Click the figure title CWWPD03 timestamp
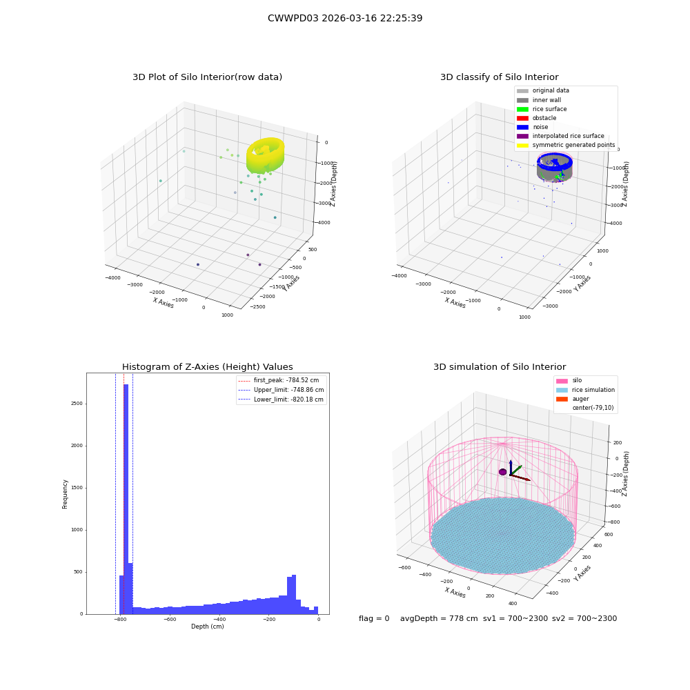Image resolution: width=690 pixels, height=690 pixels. pos(345,18)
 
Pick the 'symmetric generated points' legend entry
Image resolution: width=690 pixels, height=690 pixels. pos(566,145)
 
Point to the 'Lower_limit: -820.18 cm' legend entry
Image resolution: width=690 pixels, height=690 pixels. pos(281,400)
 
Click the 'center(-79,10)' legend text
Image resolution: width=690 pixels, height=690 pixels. pos(593,408)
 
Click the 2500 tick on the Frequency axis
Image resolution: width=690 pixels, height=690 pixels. pos(77,404)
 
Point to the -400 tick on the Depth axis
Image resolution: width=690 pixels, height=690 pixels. pos(219,619)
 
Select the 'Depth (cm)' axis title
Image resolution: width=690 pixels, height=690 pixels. pos(207,627)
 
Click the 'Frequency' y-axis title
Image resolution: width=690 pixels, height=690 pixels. pos(65,494)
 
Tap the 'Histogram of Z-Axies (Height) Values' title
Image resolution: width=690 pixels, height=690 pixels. pos(207,367)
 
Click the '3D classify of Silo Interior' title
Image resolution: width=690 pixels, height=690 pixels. pos(500,77)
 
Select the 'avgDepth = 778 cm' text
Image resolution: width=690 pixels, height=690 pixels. pos(439,618)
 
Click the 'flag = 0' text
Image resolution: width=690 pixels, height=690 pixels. pos(374,618)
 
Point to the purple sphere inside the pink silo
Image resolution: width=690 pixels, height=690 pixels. pos(502,472)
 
